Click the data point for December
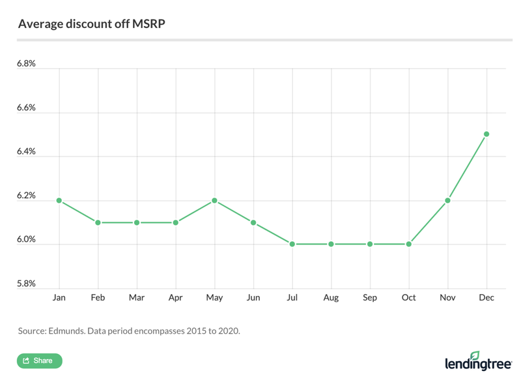[x=486, y=134]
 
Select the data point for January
[x=59, y=201]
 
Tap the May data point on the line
[x=214, y=201]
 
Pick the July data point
[x=292, y=244]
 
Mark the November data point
[x=448, y=201]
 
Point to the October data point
[x=409, y=244]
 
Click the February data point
[x=98, y=222]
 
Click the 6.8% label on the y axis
[x=27, y=64]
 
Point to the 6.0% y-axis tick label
[x=27, y=239]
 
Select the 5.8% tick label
[x=27, y=284]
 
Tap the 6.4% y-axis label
[x=27, y=151]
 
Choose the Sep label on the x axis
[x=370, y=298]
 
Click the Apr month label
[x=176, y=298]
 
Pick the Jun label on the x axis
[x=253, y=298]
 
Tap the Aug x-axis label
[x=331, y=298]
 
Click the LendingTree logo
[x=478, y=361]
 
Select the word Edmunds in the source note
[x=69, y=331]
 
